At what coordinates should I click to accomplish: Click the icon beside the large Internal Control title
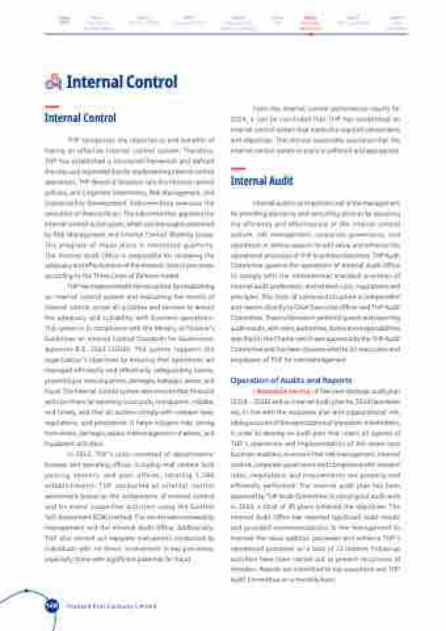click(52, 83)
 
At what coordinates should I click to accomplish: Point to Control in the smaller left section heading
click(98, 119)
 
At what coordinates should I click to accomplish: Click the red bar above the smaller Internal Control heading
click(51, 107)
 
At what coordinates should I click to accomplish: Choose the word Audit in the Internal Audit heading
click(281, 181)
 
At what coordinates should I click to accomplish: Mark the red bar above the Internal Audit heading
click(238, 169)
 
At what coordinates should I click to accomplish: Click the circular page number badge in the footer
click(51, 605)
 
